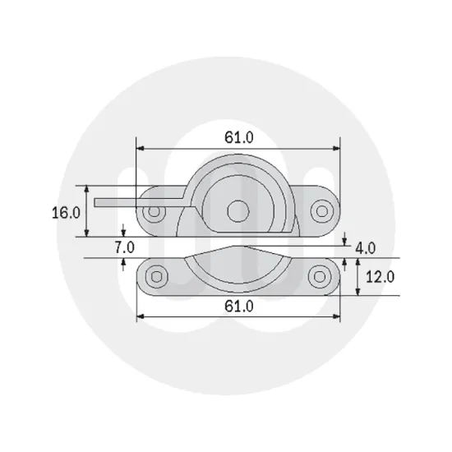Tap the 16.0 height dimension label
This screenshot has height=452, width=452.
[67, 212]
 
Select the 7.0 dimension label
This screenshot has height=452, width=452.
[123, 247]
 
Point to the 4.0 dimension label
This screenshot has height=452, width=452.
[365, 247]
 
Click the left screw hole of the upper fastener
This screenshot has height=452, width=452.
[152, 212]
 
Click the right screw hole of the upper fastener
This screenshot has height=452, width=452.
[322, 212]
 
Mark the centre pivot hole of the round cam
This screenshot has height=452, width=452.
[238, 210]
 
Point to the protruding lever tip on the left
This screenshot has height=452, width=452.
[100, 201]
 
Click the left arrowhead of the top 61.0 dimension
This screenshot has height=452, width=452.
[141, 149]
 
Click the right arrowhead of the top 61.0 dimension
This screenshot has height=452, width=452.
[337, 149]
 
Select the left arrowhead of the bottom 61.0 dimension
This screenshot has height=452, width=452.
[141, 316]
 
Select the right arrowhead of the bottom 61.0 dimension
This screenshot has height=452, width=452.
[337, 316]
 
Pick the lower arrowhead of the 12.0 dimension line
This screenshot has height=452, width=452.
[357, 293]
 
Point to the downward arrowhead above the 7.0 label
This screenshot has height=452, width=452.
[123, 233]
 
